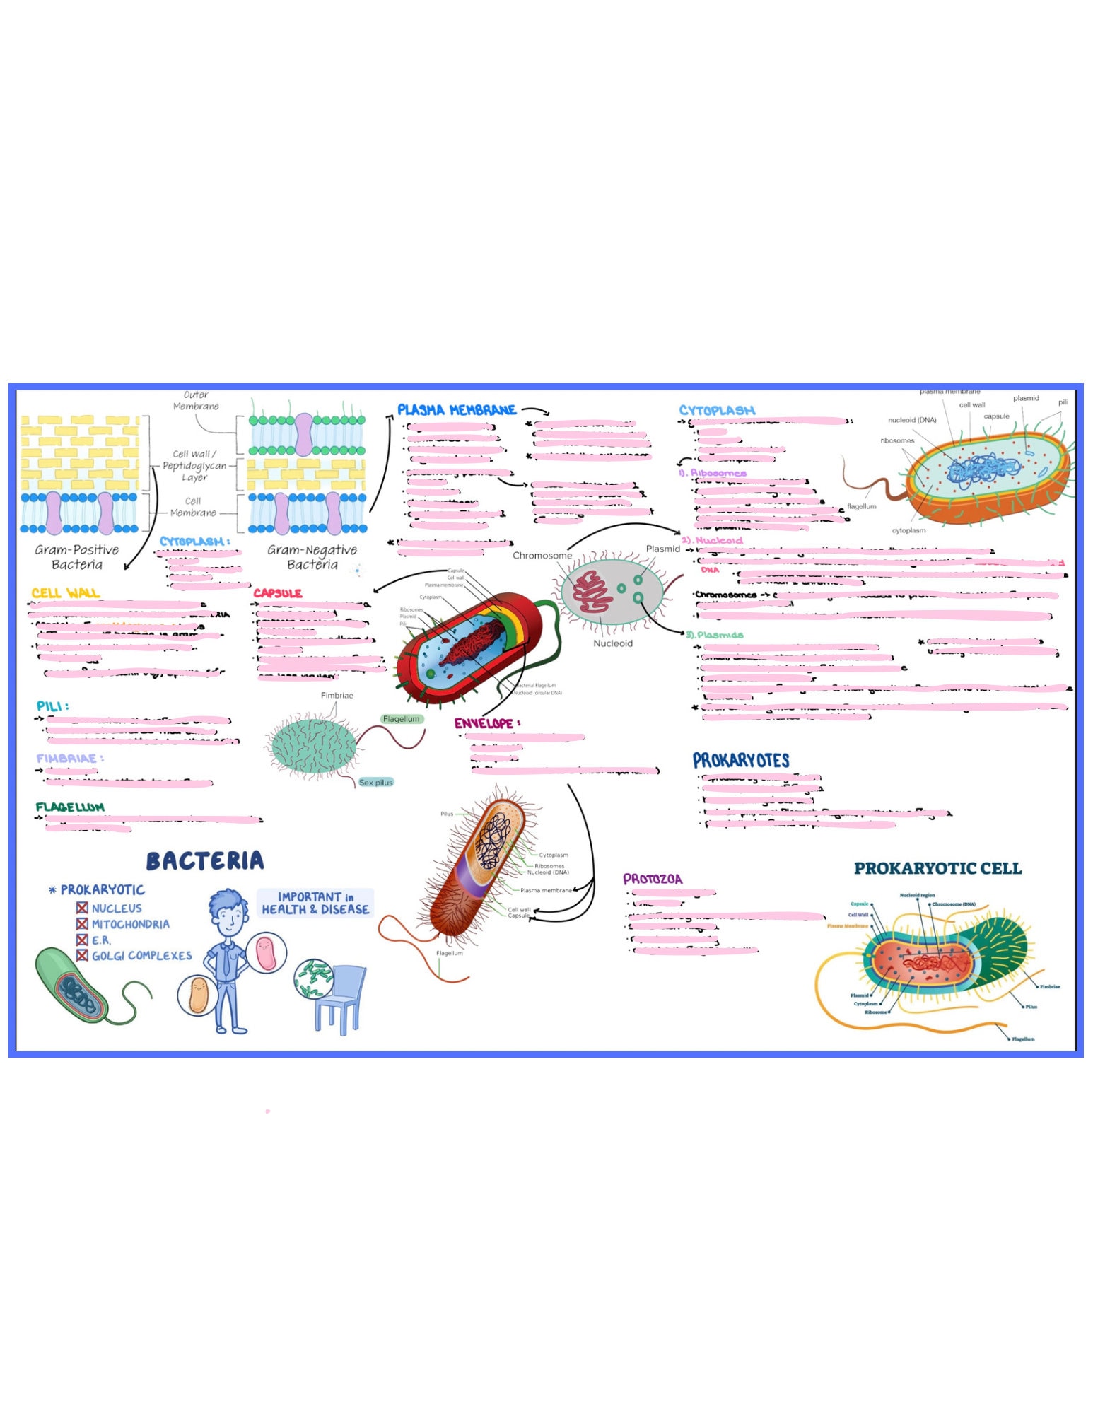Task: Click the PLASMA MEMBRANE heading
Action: click(x=456, y=410)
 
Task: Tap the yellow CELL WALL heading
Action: click(x=65, y=592)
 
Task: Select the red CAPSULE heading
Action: click(x=277, y=593)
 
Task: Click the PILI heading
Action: click(x=52, y=706)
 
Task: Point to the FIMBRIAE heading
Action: click(x=69, y=758)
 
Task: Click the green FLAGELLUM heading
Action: click(x=70, y=807)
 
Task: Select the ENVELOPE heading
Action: click(x=486, y=723)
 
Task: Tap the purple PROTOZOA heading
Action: click(x=652, y=879)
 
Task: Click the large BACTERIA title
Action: click(x=205, y=860)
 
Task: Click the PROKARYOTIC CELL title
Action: click(x=937, y=868)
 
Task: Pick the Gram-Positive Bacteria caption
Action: click(x=77, y=556)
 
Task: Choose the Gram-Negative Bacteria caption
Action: click(x=312, y=556)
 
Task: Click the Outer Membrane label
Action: click(x=196, y=401)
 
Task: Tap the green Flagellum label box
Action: click(x=401, y=719)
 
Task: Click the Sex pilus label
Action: click(x=375, y=782)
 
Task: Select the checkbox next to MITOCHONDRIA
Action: click(x=82, y=923)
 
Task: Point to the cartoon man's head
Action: click(x=228, y=913)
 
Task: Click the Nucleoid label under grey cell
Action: click(x=612, y=643)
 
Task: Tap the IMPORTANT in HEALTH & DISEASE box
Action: click(x=315, y=903)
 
